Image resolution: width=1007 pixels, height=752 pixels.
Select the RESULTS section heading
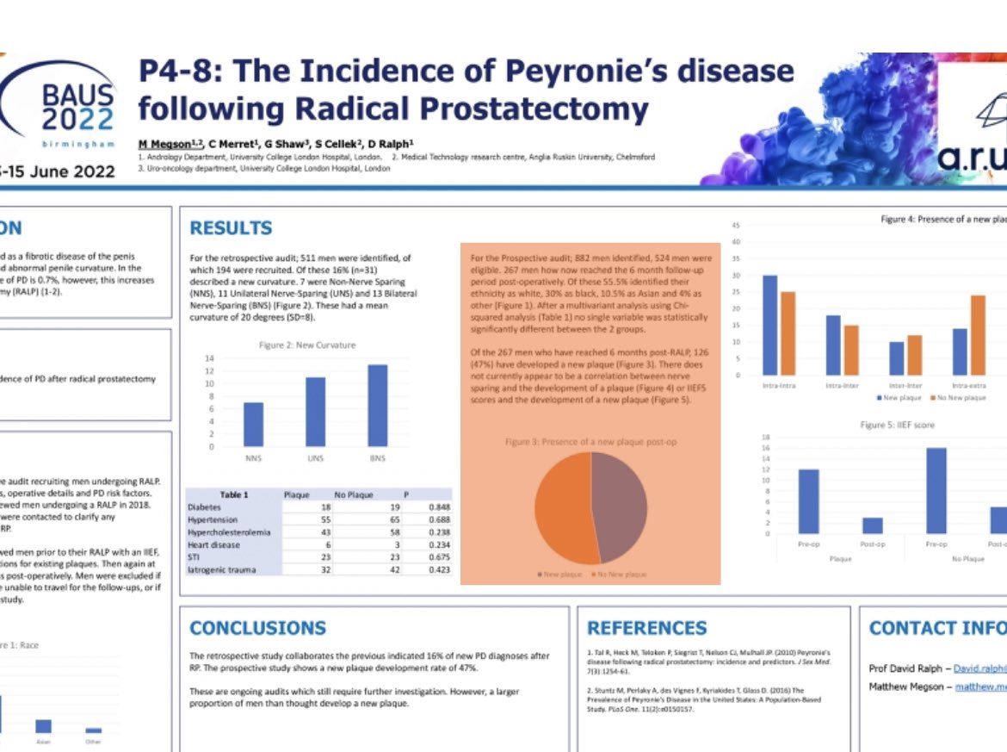coord(231,228)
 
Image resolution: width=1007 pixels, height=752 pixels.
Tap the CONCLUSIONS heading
coord(258,628)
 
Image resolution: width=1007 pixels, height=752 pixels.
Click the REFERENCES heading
coord(647,628)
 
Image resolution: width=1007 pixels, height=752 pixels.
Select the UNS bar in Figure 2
coord(315,412)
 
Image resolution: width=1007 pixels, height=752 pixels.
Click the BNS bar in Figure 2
coord(377,405)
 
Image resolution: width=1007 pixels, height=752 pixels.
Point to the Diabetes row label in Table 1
coord(204,508)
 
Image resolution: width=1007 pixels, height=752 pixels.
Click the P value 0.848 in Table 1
coord(440,508)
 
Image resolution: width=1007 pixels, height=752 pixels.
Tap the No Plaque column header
coord(352,495)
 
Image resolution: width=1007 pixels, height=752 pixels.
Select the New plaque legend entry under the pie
coord(560,574)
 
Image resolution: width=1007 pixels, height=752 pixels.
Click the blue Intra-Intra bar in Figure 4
coord(770,326)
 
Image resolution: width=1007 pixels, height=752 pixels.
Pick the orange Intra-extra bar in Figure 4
coord(978,336)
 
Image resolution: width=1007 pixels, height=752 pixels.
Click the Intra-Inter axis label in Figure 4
coord(842,385)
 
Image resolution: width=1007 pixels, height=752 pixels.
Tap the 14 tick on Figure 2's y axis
coord(209,358)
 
